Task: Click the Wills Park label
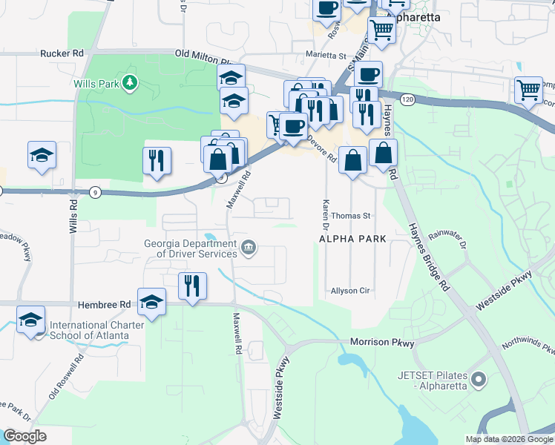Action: tap(96, 84)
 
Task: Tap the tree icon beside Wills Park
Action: tap(131, 82)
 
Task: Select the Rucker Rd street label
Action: tap(62, 53)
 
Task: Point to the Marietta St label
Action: tap(326, 56)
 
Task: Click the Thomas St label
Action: tap(350, 216)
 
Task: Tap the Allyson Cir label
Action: tap(350, 291)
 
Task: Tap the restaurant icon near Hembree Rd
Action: tap(191, 284)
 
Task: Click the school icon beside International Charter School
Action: tap(30, 319)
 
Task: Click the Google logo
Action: tap(24, 436)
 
